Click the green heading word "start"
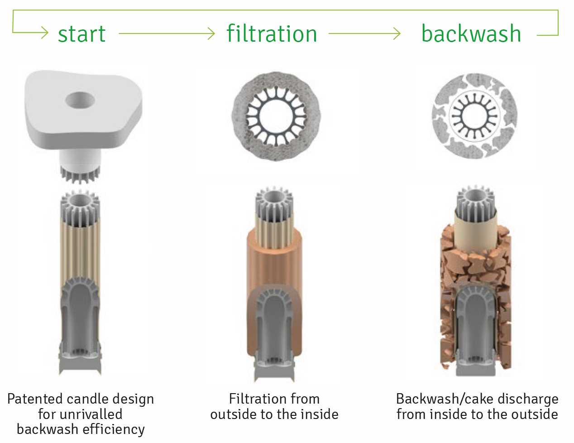click(x=81, y=34)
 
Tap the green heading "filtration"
click(x=272, y=34)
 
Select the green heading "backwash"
click(x=471, y=33)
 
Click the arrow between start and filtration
click(x=167, y=34)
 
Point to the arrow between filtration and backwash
click(x=364, y=34)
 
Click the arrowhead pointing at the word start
click(x=45, y=33)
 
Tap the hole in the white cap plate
click(x=80, y=100)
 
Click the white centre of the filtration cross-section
click(x=276, y=116)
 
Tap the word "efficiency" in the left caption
click(x=114, y=429)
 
